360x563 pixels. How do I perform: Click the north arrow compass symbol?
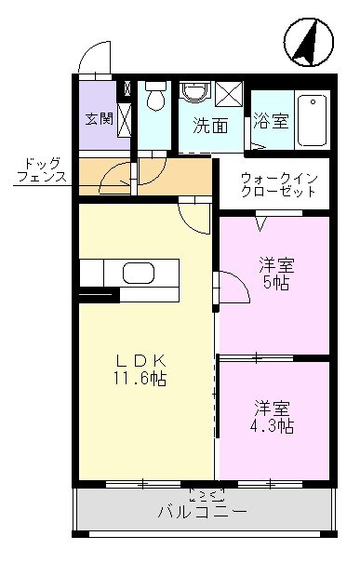click(x=309, y=43)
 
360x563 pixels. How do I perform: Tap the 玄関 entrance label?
click(x=99, y=118)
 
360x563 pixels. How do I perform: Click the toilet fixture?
click(x=155, y=95)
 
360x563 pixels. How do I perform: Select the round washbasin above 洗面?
click(x=195, y=92)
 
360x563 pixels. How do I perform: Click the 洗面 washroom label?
click(x=210, y=126)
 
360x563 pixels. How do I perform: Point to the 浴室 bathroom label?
click(x=271, y=121)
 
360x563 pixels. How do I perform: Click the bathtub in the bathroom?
click(x=313, y=120)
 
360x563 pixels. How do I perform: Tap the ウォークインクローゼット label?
click(x=279, y=184)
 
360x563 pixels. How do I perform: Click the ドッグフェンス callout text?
click(x=42, y=170)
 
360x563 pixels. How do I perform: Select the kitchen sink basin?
click(x=139, y=273)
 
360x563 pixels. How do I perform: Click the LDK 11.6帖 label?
click(x=140, y=369)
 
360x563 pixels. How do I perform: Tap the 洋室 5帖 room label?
click(x=276, y=274)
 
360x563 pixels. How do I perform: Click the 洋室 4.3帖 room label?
click(x=272, y=417)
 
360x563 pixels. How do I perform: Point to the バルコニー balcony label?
click(x=202, y=511)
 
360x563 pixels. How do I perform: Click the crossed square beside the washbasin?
click(x=230, y=93)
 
